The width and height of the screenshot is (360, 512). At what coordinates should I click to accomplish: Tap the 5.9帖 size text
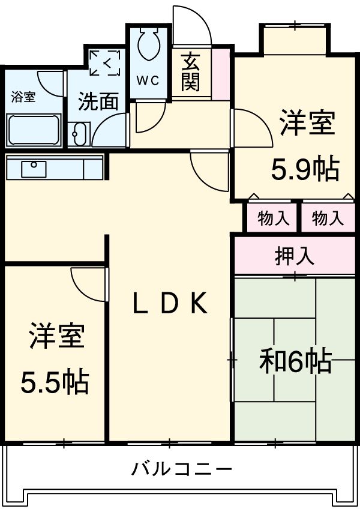[x=305, y=170]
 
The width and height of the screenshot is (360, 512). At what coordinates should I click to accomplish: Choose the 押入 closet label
[x=295, y=256]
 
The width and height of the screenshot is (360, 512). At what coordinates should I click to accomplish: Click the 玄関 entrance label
[x=191, y=72]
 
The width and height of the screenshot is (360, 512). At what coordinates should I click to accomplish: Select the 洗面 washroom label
[x=98, y=101]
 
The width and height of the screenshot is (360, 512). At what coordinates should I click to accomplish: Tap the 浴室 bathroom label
[x=24, y=97]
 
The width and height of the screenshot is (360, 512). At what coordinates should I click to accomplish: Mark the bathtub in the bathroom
[x=34, y=130]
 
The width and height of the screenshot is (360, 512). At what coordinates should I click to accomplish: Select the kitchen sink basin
[x=34, y=169]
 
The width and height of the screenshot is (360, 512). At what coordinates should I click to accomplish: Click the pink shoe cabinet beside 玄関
[x=220, y=74]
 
